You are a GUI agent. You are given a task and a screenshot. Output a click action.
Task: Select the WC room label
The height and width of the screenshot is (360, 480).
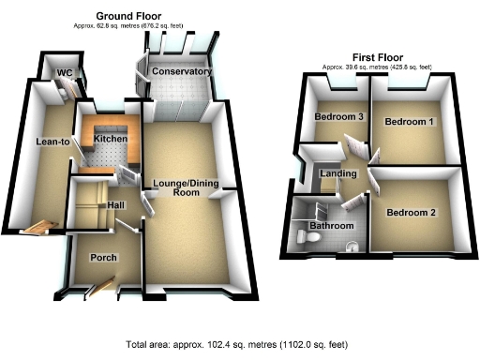[64, 72]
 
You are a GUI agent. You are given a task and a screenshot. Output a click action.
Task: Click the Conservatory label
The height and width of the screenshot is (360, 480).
[181, 71]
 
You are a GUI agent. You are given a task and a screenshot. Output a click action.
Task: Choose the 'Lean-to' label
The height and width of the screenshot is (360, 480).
[50, 142]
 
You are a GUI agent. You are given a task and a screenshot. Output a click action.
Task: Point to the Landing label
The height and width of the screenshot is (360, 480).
[337, 174]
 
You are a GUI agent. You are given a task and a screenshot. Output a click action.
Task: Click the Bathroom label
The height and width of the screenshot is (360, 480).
[333, 226]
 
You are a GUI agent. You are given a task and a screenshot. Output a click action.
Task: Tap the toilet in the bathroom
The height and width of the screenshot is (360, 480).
[352, 247]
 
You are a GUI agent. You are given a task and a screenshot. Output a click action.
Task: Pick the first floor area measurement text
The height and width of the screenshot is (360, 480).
[377, 67]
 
